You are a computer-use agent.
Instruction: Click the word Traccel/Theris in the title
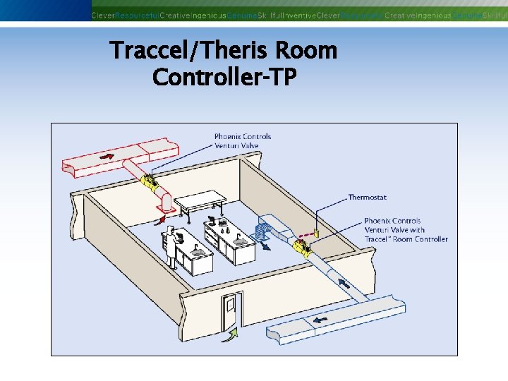coord(189,51)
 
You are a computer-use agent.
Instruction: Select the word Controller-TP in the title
coord(224,77)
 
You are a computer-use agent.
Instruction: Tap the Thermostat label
coord(367,198)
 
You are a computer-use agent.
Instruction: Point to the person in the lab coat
coord(171,242)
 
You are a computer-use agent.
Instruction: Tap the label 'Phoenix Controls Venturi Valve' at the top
coord(243,141)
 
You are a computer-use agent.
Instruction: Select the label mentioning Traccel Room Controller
coord(406,230)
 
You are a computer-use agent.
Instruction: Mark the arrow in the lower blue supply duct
coord(322,320)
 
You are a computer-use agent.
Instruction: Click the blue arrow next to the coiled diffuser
coord(267,246)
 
